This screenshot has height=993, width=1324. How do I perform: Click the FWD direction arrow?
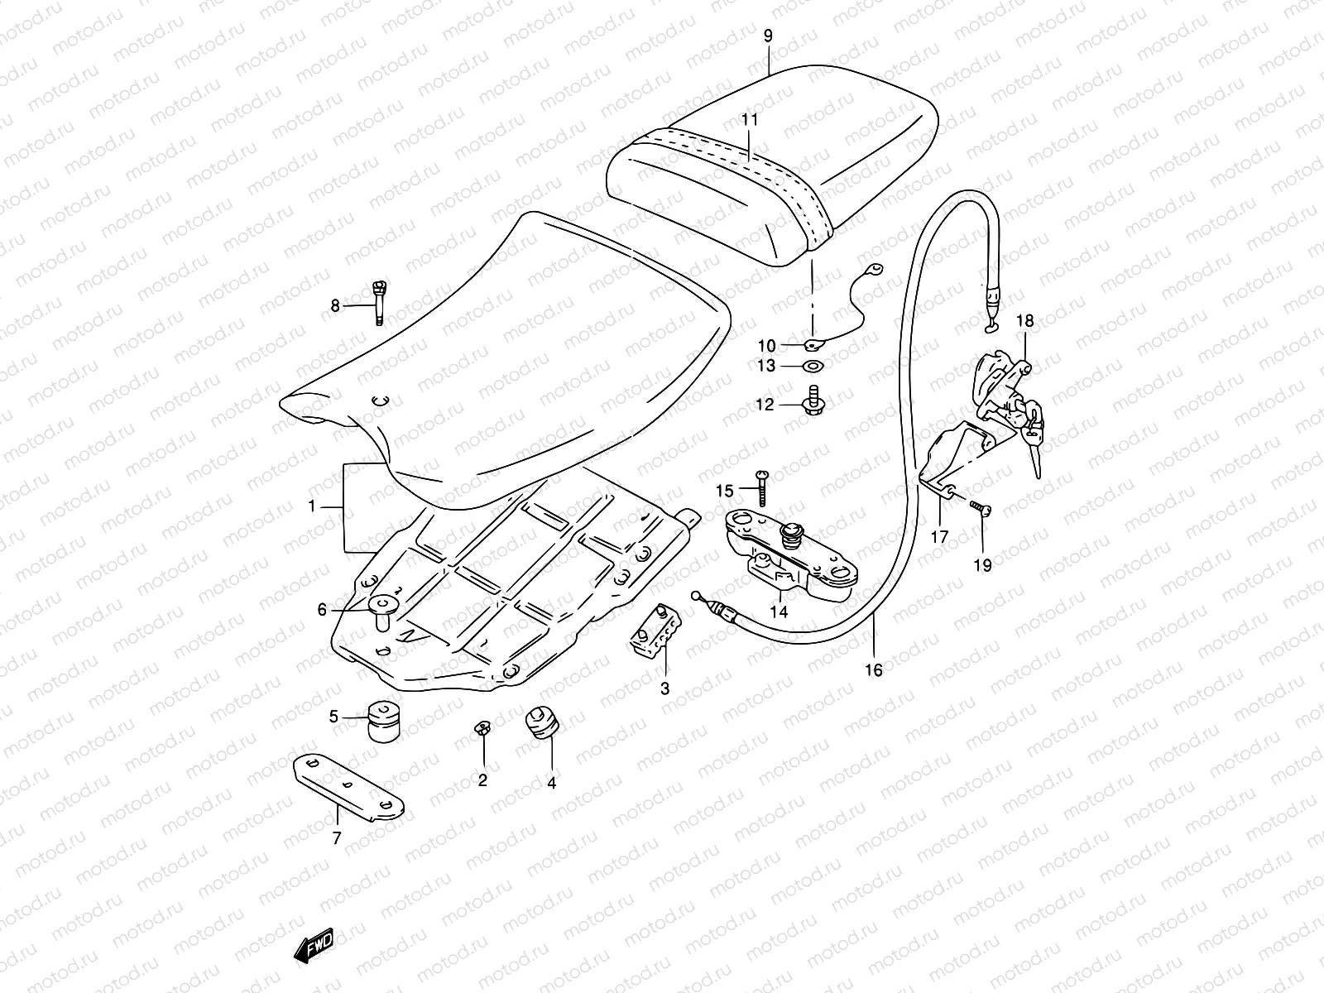pos(313,945)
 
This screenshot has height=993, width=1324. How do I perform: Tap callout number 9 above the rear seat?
pos(768,36)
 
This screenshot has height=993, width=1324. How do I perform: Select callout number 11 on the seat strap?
pos(750,120)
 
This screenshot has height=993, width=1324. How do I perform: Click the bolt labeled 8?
pos(379,303)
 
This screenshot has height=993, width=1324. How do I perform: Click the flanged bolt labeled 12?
pos(813,400)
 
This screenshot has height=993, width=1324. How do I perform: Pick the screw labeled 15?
pos(763,487)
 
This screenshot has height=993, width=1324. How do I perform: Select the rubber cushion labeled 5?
pos(384,721)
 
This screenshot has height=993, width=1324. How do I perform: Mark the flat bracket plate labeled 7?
pos(348,787)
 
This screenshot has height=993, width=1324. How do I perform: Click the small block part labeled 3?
pos(655,630)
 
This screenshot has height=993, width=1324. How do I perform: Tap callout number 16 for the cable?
pos(873,669)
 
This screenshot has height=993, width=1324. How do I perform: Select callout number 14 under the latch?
pos(779,612)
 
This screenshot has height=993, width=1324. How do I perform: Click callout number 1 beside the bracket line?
pos(312,506)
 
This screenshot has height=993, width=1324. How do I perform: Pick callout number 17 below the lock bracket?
pos(940,536)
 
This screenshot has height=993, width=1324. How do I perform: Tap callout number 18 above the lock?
pos(1024,321)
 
